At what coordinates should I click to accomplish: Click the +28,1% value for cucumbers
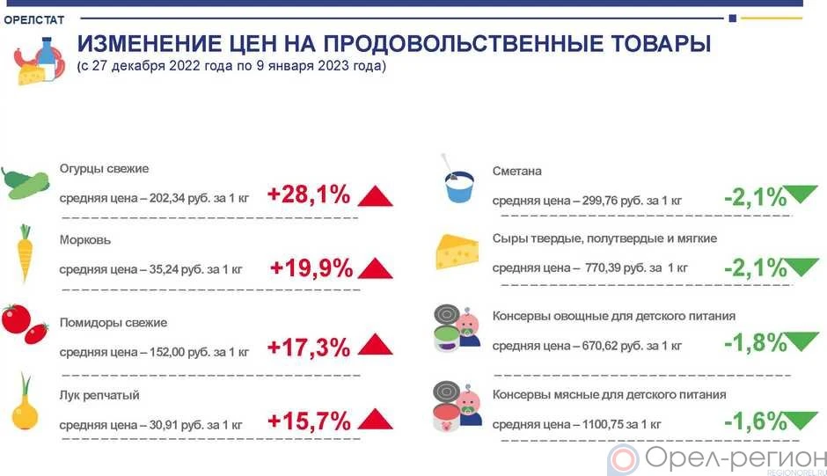[309, 194]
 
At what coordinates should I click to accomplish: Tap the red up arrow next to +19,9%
[375, 268]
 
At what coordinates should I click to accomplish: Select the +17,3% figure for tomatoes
[309, 348]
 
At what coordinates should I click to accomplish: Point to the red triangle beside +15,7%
[375, 419]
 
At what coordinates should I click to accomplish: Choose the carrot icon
[25, 253]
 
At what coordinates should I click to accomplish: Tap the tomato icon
[25, 324]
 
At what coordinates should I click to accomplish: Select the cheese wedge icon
[457, 252]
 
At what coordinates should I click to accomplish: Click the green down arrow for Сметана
[801, 194]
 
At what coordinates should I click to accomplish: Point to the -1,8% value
[755, 343]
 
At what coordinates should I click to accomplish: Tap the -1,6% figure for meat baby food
[755, 421]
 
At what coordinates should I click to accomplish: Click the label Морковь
[85, 240]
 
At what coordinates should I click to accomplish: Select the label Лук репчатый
[99, 395]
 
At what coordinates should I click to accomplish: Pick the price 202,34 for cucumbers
[167, 199]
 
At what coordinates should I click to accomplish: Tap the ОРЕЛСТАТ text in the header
[33, 20]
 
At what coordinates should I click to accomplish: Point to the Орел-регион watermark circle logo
[623, 459]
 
